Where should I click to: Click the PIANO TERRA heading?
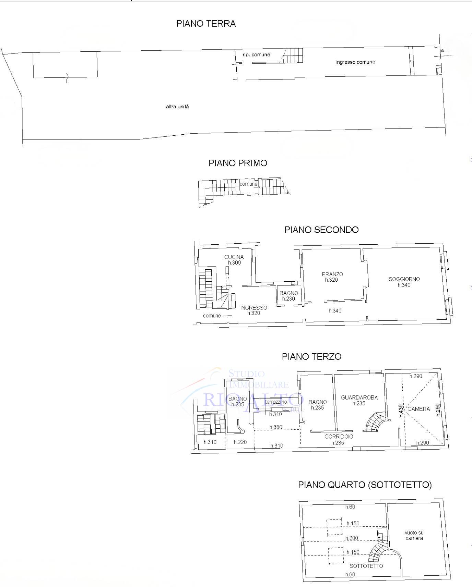click(x=206, y=24)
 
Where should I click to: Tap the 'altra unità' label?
click(x=177, y=107)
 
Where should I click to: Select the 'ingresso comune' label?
click(x=355, y=62)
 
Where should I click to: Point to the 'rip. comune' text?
click(x=256, y=54)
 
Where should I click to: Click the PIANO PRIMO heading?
click(x=238, y=163)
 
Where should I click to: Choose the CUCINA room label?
click(x=234, y=257)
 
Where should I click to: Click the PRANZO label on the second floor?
click(x=332, y=274)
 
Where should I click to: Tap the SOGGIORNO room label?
click(x=404, y=279)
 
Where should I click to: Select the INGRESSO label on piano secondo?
click(x=253, y=308)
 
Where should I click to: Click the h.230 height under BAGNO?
click(x=288, y=299)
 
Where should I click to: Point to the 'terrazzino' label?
click(x=276, y=402)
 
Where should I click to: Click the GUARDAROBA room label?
click(x=359, y=398)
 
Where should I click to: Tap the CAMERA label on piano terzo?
click(x=418, y=409)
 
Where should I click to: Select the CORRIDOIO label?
click(x=339, y=437)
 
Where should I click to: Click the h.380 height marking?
click(x=276, y=427)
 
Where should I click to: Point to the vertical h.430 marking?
click(x=400, y=411)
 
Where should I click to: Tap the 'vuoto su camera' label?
click(x=414, y=536)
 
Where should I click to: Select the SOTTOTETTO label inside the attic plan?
click(x=366, y=566)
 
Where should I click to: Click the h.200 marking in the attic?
click(x=352, y=538)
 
